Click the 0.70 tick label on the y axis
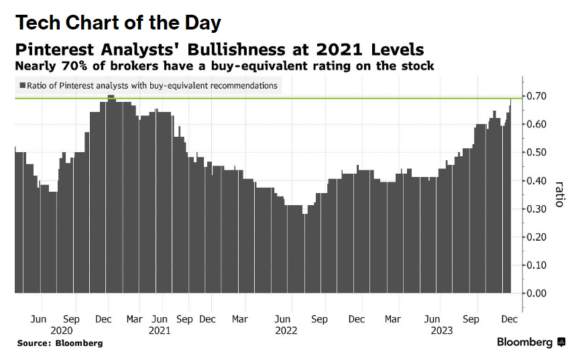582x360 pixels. (x=537, y=97)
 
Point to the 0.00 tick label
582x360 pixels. (x=537, y=293)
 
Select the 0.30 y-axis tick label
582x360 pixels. (x=537, y=208)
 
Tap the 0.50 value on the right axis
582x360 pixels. (x=537, y=153)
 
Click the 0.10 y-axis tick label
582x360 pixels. (x=537, y=265)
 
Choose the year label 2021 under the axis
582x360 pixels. (x=160, y=331)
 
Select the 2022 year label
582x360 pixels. (x=286, y=331)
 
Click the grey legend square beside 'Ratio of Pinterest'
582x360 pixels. (x=22, y=86)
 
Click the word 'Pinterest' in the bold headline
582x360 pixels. (x=63, y=50)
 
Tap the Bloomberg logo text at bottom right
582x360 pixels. (x=526, y=343)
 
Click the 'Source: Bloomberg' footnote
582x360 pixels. (x=60, y=343)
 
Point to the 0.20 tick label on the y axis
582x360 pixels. (x=537, y=237)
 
